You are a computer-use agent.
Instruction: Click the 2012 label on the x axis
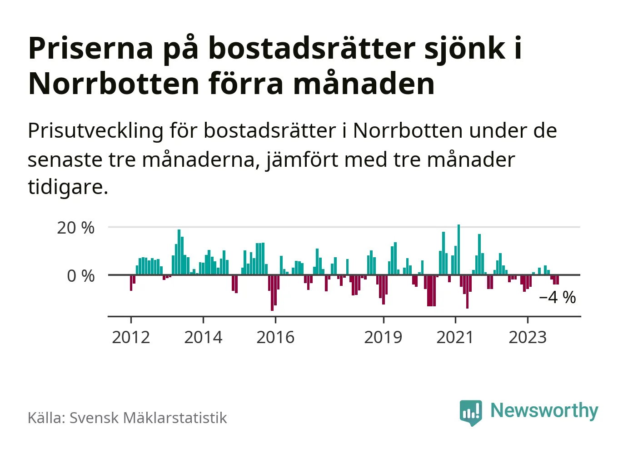tap(131, 338)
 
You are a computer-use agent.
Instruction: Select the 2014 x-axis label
tap(203, 338)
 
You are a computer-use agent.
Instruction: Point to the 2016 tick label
tap(275, 338)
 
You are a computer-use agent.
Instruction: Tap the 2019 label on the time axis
tap(383, 338)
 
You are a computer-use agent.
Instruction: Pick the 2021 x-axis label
tap(455, 338)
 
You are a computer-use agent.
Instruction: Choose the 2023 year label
tap(527, 338)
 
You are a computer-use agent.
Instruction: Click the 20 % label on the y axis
tap(76, 228)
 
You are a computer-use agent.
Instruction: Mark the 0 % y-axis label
tap(81, 276)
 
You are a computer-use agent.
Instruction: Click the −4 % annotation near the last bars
tap(557, 298)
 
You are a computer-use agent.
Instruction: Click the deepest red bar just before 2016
tap(272, 293)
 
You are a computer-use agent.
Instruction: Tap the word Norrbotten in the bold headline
tap(114, 84)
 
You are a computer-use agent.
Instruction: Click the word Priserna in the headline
tap(91, 48)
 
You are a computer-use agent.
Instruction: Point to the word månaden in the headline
tap(364, 84)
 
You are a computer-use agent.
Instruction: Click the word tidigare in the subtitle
tap(68, 187)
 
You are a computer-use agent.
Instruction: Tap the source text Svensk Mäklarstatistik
tap(148, 418)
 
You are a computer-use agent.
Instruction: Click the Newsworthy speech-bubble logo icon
tap(470, 412)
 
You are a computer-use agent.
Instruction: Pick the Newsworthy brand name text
tap(544, 411)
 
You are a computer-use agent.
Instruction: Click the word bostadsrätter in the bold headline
tap(312, 48)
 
